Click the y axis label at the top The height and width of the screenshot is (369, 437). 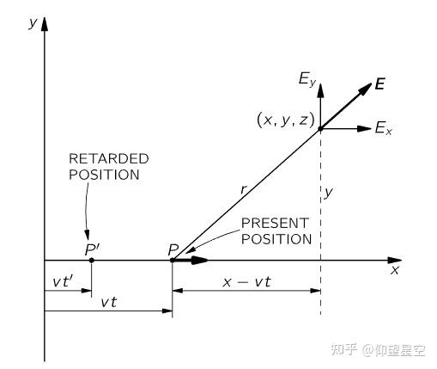pyautogui.click(x=33, y=23)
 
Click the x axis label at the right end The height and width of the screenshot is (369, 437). pyautogui.click(x=395, y=270)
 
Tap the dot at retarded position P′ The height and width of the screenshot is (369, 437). pyautogui.click(x=92, y=261)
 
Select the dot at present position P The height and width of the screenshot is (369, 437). pyautogui.click(x=173, y=261)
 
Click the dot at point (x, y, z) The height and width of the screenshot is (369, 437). pyautogui.click(x=320, y=129)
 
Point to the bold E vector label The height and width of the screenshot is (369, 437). pyautogui.click(x=380, y=83)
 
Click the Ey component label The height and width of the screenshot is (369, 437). pyautogui.click(x=307, y=79)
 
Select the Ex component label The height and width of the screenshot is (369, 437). pyautogui.click(x=384, y=128)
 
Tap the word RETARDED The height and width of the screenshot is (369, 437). pyautogui.click(x=109, y=158)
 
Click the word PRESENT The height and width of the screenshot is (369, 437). pyautogui.click(x=275, y=223)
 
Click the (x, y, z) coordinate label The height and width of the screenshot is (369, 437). pyautogui.click(x=286, y=120)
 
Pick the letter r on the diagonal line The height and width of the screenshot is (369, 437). pyautogui.click(x=244, y=189)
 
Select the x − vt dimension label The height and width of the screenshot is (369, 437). pyautogui.click(x=246, y=282)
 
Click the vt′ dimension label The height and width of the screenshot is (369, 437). pyautogui.click(x=64, y=281)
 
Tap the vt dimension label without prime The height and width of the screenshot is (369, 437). pyautogui.click(x=109, y=302)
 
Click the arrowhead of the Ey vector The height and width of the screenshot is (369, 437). pyautogui.click(x=321, y=90)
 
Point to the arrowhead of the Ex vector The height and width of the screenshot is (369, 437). pyautogui.click(x=365, y=129)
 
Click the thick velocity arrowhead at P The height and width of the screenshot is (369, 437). pyautogui.click(x=200, y=261)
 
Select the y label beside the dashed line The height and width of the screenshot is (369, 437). pyautogui.click(x=328, y=192)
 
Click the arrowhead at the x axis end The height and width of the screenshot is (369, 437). pyautogui.click(x=395, y=261)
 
